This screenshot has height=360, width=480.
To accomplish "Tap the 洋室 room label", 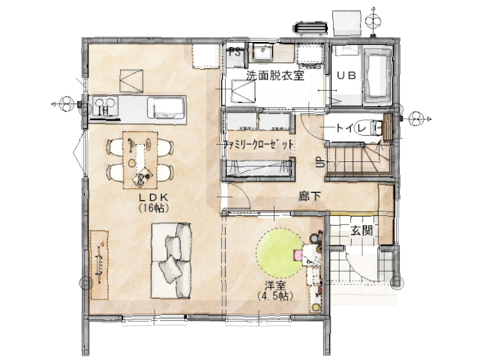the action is pos(275,286).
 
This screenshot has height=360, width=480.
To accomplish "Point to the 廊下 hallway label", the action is pos(310,196).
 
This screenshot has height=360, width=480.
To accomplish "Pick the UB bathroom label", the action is pos(346,75).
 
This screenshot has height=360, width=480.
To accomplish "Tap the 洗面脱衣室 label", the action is pos(275,75).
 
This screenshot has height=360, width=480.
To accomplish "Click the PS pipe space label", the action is pos(235,52).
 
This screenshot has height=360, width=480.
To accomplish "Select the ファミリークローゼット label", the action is pos(258,144).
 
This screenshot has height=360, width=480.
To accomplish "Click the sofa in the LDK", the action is pos(172,260).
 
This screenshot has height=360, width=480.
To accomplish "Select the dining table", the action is pos(140,160).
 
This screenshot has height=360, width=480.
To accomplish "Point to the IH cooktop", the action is pos(105,106).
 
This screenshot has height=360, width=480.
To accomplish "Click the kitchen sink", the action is pos(166,107).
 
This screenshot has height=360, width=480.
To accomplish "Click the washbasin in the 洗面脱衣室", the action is pos(262,52).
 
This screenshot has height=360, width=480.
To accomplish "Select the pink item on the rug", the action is pos(298,255).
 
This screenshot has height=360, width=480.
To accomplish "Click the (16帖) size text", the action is pos(153,208).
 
